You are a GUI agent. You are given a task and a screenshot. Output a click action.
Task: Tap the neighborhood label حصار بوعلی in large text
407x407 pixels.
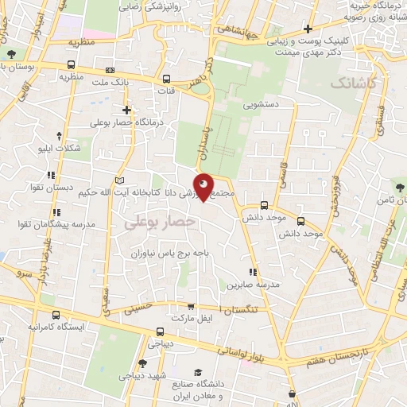(160, 224)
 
